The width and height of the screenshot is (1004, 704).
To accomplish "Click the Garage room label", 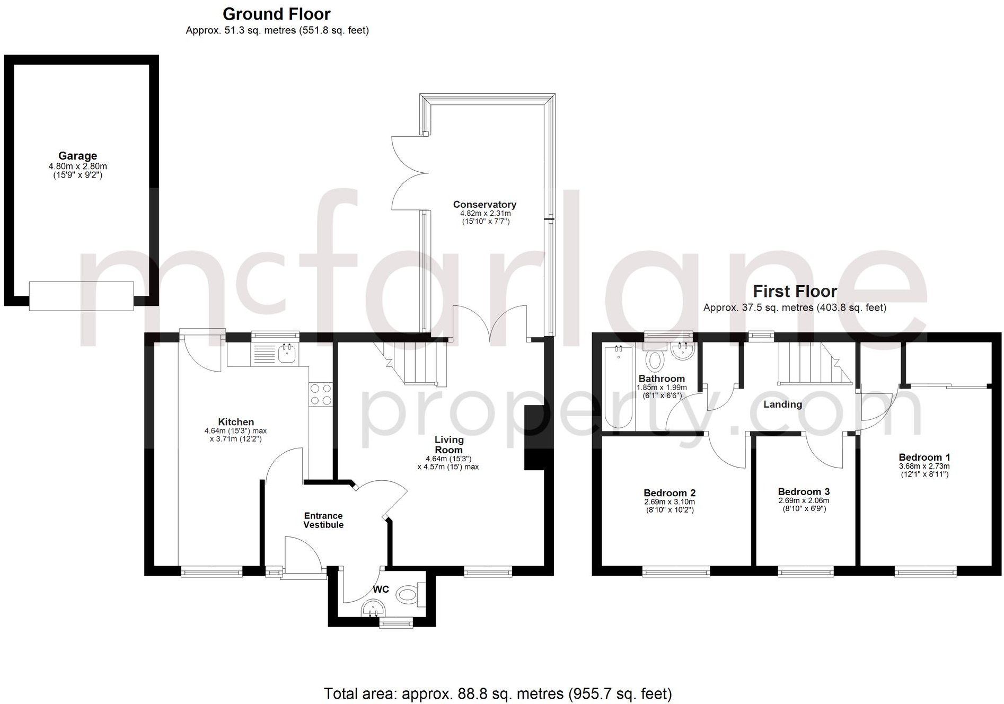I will click(x=77, y=156).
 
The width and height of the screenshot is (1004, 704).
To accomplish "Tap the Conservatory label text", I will click(x=485, y=205).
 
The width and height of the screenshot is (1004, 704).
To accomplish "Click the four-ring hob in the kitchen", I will click(x=321, y=394).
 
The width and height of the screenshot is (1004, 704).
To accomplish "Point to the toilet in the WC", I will click(x=409, y=594).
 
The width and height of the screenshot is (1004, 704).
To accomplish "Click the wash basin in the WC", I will click(x=373, y=609).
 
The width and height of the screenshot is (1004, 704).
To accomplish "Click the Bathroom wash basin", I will click(x=682, y=351).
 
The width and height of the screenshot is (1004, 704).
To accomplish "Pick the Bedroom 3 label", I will click(x=804, y=492).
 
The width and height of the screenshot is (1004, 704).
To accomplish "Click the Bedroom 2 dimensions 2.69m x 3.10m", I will click(x=670, y=502).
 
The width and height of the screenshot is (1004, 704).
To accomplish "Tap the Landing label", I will click(x=782, y=404).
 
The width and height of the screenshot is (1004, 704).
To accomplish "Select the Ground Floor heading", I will click(x=276, y=14).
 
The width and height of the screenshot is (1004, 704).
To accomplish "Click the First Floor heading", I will click(x=795, y=291).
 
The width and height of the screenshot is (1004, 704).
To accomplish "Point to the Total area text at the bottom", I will click(x=498, y=693).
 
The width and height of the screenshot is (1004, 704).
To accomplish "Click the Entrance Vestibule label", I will click(x=323, y=520).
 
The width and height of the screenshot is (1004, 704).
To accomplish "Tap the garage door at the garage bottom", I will click(x=81, y=296).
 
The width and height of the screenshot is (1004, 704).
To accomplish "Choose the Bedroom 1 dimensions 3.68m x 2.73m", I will click(x=924, y=467).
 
